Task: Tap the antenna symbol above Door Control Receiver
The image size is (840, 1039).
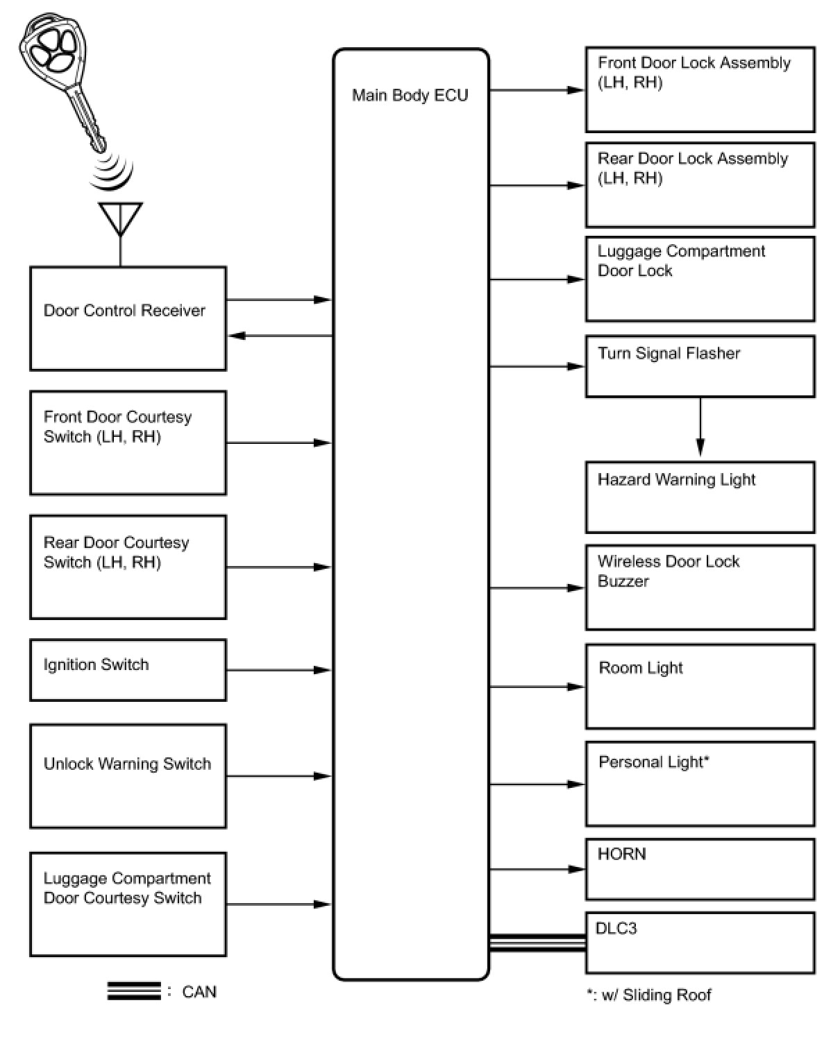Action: click(x=120, y=219)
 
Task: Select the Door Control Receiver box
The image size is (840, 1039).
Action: click(x=128, y=318)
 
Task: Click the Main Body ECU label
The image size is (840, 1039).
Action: click(x=410, y=95)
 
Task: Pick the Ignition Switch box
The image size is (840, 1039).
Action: click(x=128, y=669)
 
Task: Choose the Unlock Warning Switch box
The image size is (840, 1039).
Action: click(x=128, y=775)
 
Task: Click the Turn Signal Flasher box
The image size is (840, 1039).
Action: click(x=700, y=366)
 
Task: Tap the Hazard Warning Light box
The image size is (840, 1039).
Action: click(x=700, y=497)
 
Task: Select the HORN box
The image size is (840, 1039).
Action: click(x=700, y=868)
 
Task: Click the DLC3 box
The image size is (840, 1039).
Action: click(x=700, y=943)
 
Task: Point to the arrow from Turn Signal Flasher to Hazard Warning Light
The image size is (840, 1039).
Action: click(x=700, y=427)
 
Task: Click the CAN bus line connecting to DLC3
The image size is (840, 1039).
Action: click(x=537, y=943)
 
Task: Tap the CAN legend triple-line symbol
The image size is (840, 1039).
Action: click(x=134, y=991)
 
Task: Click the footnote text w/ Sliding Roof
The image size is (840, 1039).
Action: click(x=649, y=995)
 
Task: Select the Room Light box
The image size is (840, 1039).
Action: click(x=700, y=686)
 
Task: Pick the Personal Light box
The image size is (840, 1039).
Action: click(x=700, y=784)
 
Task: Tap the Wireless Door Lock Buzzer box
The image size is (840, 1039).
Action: click(x=700, y=587)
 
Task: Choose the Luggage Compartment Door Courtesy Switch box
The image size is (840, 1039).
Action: click(x=128, y=904)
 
